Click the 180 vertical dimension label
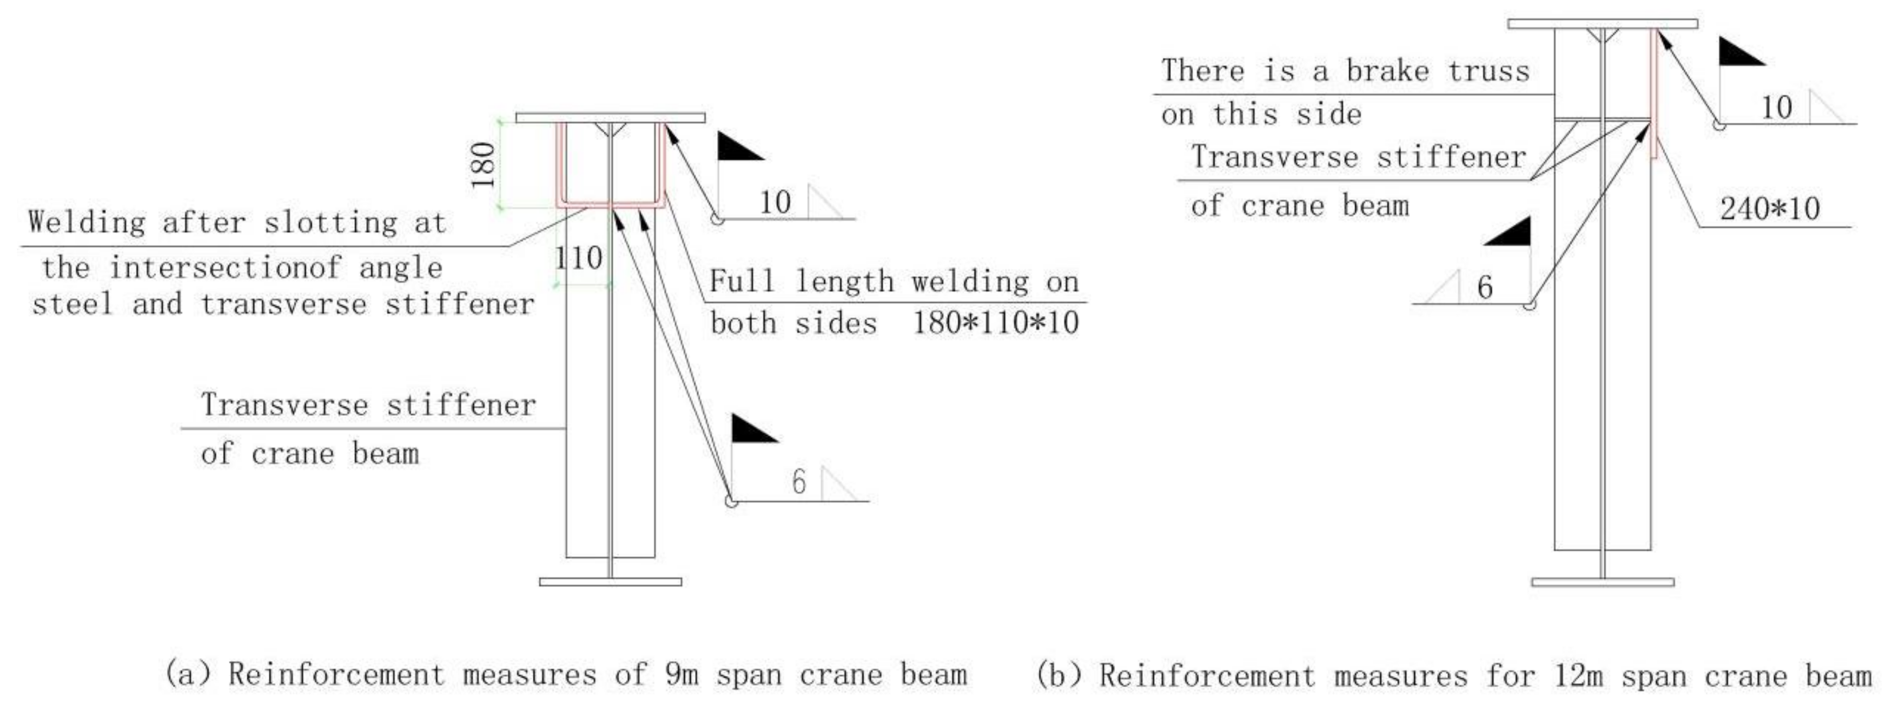pos(484,164)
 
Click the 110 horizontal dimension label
pos(579,258)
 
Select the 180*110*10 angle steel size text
pos(996,323)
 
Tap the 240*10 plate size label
pos(1770,209)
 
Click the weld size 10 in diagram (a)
pos(775,203)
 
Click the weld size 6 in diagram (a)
pos(799,482)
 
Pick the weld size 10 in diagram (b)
pos(1777,108)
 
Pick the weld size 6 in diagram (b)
pos(1485,287)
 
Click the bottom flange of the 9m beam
pos(610,582)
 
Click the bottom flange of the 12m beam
pos(1603,582)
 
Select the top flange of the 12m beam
pos(1603,23)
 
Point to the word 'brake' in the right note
pos(1387,71)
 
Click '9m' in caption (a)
pos(681,674)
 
